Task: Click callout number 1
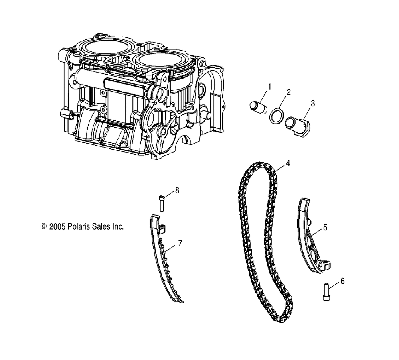[269, 87]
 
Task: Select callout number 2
[288, 92]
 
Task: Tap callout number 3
[313, 104]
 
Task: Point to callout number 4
[288, 163]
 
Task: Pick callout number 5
[325, 228]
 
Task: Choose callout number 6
[342, 281]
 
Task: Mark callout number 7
[180, 243]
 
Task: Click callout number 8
[177, 190]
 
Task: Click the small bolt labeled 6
[326, 292]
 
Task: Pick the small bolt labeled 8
[161, 203]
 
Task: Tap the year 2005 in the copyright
[57, 226]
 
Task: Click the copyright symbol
[44, 226]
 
